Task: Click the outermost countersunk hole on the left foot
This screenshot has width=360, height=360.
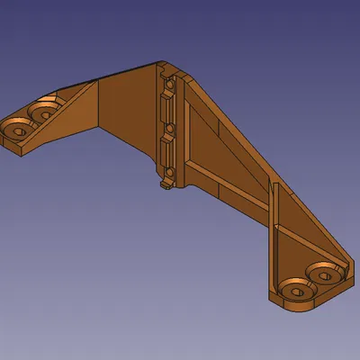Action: click(16, 128)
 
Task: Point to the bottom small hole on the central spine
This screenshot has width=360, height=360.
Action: click(167, 170)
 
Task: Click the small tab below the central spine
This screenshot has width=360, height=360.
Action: click(166, 185)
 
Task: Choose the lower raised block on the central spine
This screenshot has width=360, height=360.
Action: click(166, 148)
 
